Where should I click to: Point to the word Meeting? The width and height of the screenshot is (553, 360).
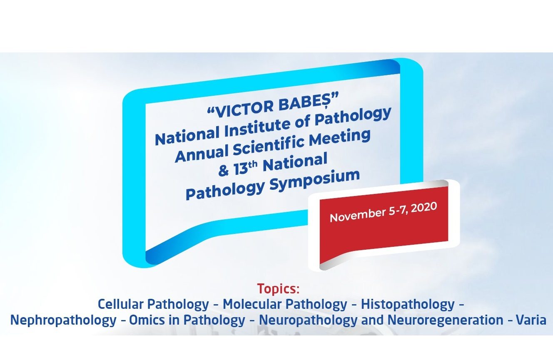click(340, 138)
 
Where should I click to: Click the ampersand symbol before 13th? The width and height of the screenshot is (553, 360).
click(224, 171)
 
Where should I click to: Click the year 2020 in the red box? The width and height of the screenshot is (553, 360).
click(424, 207)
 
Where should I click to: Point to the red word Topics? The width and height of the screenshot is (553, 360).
click(278, 288)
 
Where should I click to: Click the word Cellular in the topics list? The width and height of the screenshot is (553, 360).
click(121, 304)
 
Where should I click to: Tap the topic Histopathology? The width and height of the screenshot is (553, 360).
click(408, 305)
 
